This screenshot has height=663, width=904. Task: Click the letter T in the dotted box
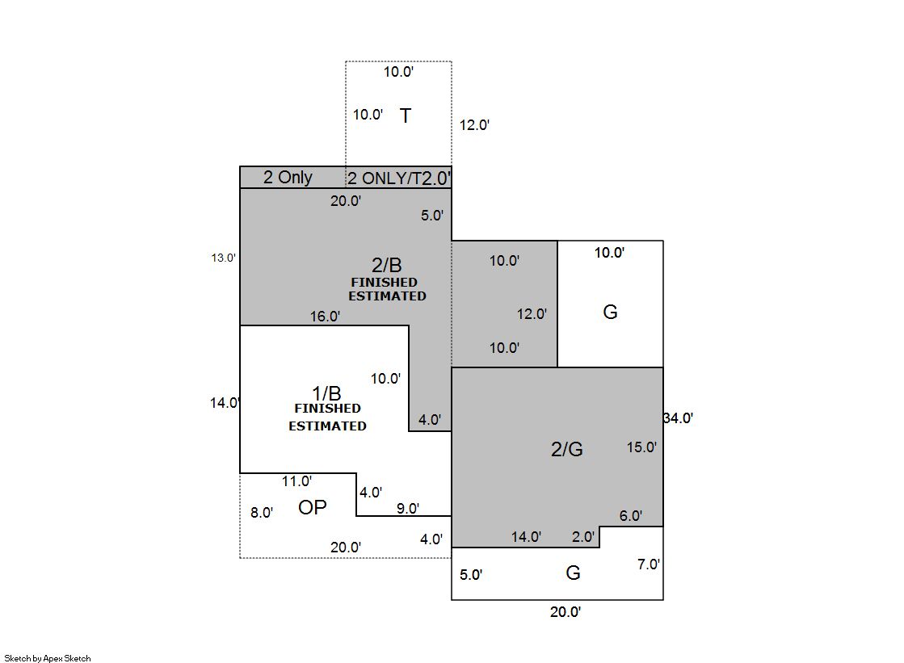point(406,115)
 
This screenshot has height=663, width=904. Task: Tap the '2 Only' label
point(288,177)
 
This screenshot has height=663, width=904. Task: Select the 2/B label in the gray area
point(386,265)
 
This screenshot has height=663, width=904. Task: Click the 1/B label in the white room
point(326,393)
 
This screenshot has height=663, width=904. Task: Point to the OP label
point(313,507)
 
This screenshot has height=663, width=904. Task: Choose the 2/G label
point(567,448)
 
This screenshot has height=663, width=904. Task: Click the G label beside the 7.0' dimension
point(573,573)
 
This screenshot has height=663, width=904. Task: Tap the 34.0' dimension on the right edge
point(678,418)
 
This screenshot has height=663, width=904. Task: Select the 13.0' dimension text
point(223,258)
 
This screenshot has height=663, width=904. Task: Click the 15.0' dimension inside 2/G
point(641,447)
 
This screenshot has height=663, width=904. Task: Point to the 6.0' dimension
point(631,516)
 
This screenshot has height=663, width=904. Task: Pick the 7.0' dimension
point(649,564)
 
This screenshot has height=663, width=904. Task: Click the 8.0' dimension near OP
point(262,513)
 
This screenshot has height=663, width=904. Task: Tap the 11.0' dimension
point(297,480)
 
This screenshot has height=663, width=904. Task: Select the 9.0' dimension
point(408,509)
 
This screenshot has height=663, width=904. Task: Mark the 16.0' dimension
point(325,317)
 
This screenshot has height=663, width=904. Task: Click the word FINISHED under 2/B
point(384,283)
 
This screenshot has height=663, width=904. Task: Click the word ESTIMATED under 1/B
point(327,426)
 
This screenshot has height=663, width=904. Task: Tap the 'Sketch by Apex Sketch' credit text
point(48,658)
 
